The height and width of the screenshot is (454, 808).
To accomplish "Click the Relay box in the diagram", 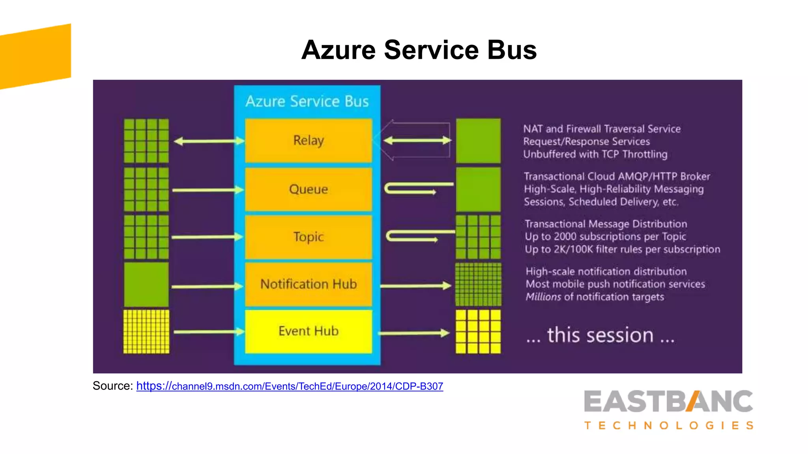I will pyautogui.click(x=308, y=141).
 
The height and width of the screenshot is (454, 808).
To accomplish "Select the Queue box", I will pyautogui.click(x=308, y=190).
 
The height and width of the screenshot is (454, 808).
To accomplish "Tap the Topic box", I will pyautogui.click(x=308, y=237).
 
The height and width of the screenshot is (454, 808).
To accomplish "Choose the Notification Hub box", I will pyautogui.click(x=308, y=284).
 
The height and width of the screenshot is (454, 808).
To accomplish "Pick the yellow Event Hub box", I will pyautogui.click(x=308, y=331).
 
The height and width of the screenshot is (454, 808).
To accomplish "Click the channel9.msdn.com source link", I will pyautogui.click(x=290, y=386).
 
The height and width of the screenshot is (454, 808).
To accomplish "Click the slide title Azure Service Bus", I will pyautogui.click(x=419, y=50).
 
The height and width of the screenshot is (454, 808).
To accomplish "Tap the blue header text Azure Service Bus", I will pyautogui.click(x=307, y=102).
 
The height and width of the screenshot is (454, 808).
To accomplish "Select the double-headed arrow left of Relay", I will pyautogui.click(x=209, y=141).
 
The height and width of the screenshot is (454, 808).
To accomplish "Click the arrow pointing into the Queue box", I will pyautogui.click(x=208, y=190).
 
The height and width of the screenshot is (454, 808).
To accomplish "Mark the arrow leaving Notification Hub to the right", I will pyautogui.click(x=415, y=286).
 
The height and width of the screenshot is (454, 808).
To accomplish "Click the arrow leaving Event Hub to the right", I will pyautogui.click(x=414, y=333).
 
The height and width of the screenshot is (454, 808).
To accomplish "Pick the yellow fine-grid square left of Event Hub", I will pyautogui.click(x=146, y=331).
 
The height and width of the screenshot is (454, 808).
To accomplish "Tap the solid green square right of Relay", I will pyautogui.click(x=478, y=141).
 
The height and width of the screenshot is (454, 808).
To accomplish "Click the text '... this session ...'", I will pyautogui.click(x=600, y=335).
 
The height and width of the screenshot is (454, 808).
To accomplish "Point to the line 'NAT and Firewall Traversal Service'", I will pyautogui.click(x=602, y=129).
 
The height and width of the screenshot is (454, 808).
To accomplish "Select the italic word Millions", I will pyautogui.click(x=543, y=297).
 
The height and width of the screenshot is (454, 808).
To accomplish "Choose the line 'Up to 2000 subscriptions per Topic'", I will pyautogui.click(x=605, y=236).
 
